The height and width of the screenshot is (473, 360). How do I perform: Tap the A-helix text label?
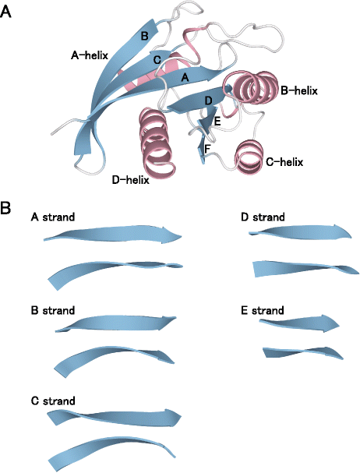click(x=89, y=55)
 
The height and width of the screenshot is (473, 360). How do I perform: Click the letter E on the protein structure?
click(x=217, y=122)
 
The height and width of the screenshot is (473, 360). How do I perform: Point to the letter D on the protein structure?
click(x=207, y=101)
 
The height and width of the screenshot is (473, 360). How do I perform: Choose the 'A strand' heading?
click(x=53, y=217)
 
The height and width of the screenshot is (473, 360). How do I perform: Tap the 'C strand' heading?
click(x=53, y=401)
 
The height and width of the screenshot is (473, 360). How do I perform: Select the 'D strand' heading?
click(x=264, y=217)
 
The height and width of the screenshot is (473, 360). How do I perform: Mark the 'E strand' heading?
click(x=264, y=310)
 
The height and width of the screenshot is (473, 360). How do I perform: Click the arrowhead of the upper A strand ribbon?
click(x=173, y=235)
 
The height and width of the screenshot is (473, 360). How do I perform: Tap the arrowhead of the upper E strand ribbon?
click(x=330, y=322)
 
